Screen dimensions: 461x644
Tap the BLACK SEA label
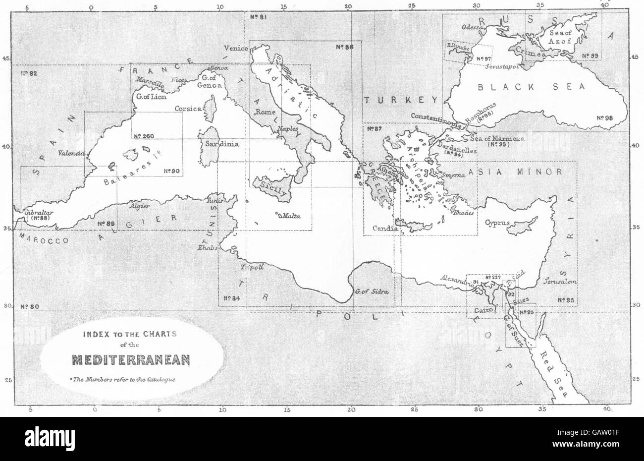click(532, 87)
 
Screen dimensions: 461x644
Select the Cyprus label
click(497, 223)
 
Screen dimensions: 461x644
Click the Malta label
click(289, 216)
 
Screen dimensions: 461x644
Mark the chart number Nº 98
click(605, 118)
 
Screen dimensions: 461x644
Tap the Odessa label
click(472, 28)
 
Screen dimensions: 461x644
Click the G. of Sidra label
click(371, 290)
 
